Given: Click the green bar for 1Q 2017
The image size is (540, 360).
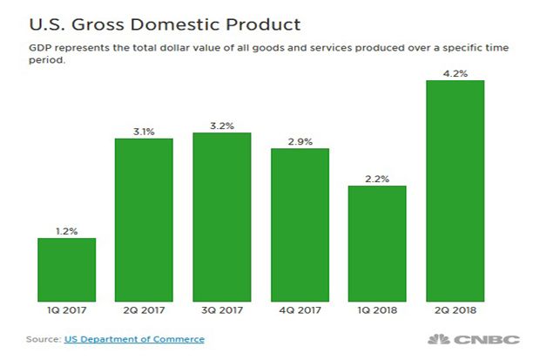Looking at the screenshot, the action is pyautogui.click(x=67, y=269).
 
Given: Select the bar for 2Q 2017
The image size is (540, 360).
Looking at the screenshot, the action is pyautogui.click(x=144, y=220).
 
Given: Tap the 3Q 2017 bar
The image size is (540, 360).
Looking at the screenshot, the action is pyautogui.click(x=222, y=217).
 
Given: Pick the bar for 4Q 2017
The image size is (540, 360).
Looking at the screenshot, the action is pyautogui.click(x=300, y=225).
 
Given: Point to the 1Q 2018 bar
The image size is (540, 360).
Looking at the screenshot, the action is pyautogui.click(x=377, y=244).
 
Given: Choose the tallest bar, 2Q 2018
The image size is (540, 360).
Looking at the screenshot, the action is pyautogui.click(x=456, y=191).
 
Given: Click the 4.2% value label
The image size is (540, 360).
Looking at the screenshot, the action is pyautogui.click(x=456, y=73).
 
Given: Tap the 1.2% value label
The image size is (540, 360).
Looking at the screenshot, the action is pyautogui.click(x=67, y=231).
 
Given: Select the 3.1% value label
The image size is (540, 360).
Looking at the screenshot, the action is pyautogui.click(x=144, y=132).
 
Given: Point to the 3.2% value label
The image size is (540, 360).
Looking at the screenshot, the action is pyautogui.click(x=222, y=126).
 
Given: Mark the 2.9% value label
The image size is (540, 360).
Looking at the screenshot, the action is pyautogui.click(x=300, y=142).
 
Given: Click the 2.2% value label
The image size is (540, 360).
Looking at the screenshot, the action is pyautogui.click(x=377, y=180).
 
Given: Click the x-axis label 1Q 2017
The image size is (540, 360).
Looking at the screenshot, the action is pyautogui.click(x=67, y=310).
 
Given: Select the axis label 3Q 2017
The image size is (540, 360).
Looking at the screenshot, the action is pyautogui.click(x=222, y=310).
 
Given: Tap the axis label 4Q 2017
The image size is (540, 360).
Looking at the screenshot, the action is pyautogui.click(x=300, y=310).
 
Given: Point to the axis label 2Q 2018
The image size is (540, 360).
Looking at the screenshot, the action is pyautogui.click(x=456, y=310).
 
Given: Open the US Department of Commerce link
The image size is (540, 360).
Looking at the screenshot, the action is pyautogui.click(x=134, y=339).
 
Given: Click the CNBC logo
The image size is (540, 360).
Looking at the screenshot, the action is pyautogui.click(x=474, y=339).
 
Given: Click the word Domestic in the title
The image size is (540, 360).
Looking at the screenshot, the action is pyautogui.click(x=174, y=24).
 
